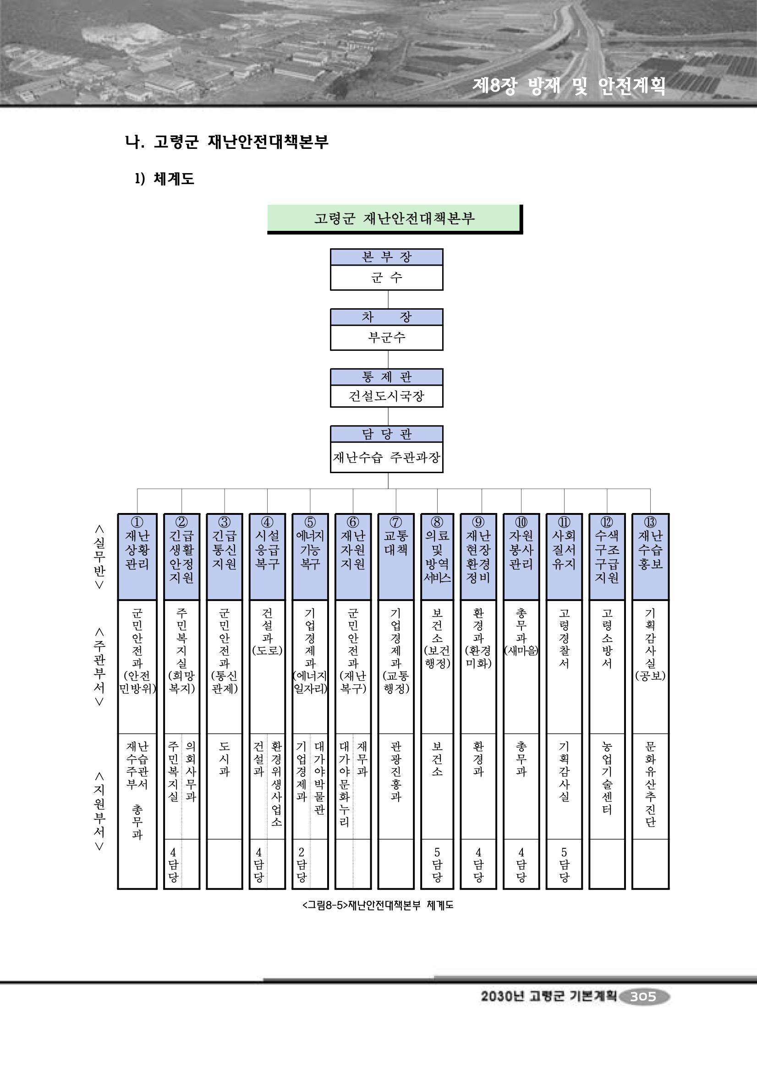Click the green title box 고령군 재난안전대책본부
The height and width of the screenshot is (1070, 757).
(x=394, y=218)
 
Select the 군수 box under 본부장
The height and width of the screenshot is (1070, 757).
(x=386, y=278)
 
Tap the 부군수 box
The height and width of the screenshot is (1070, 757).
(x=386, y=338)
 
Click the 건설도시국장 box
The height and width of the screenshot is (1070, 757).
(x=386, y=396)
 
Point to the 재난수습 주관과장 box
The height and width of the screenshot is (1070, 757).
(x=386, y=457)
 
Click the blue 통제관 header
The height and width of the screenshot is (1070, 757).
(x=386, y=377)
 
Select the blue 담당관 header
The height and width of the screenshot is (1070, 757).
(x=386, y=434)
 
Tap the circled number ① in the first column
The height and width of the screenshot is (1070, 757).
(x=137, y=522)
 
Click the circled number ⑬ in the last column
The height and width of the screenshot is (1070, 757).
(x=650, y=522)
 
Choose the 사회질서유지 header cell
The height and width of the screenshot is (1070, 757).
(x=564, y=550)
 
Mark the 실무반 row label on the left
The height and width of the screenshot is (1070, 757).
(x=99, y=557)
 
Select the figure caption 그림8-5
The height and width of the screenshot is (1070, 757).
(x=378, y=905)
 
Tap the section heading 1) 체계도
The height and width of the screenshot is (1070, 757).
(x=165, y=179)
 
